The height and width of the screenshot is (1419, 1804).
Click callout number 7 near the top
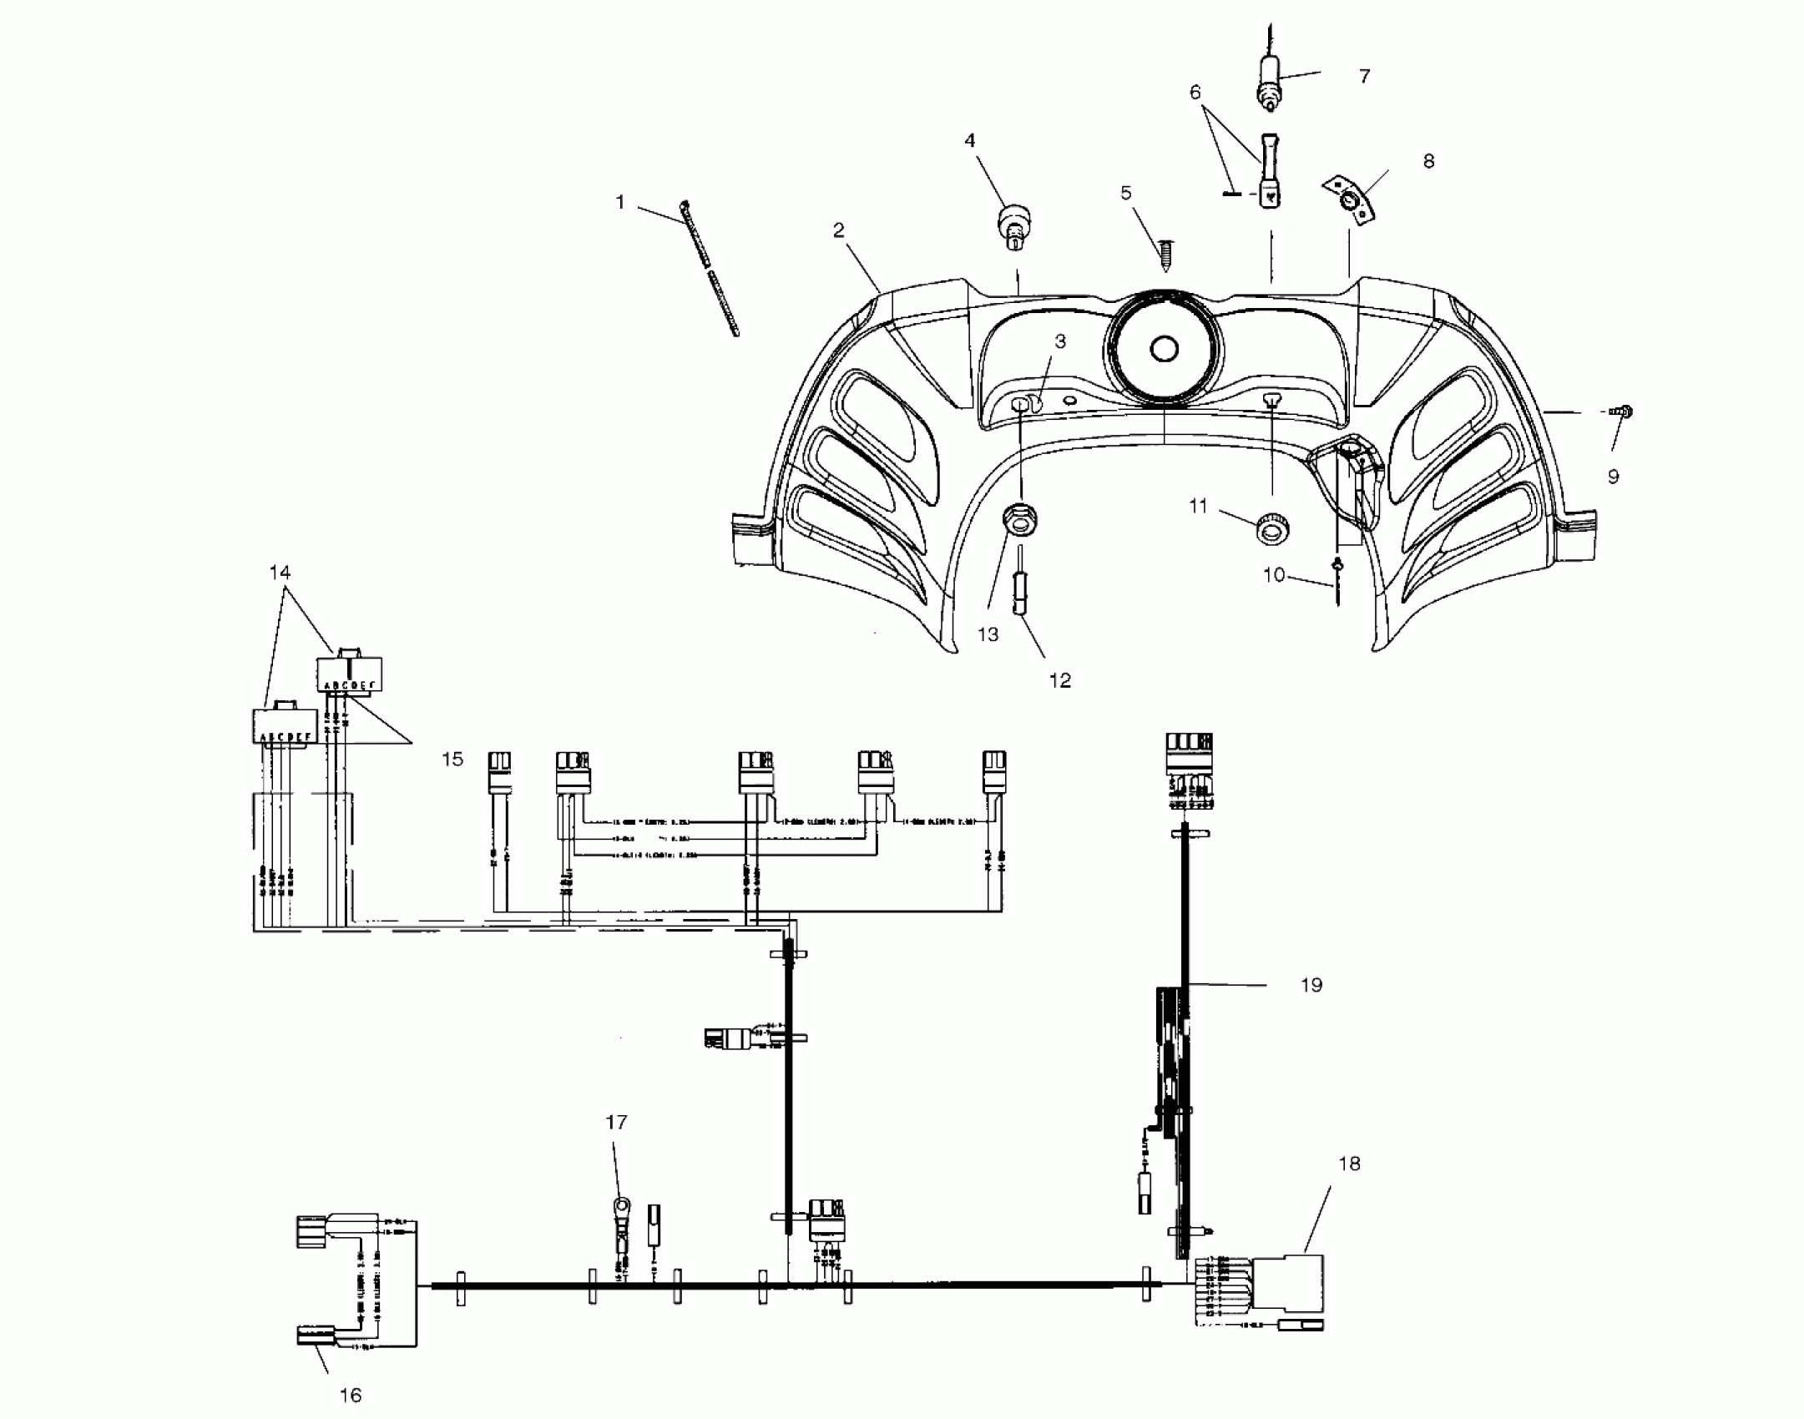(x=1364, y=77)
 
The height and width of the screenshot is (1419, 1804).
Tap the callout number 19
(x=1311, y=985)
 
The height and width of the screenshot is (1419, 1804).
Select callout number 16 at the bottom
(x=351, y=1395)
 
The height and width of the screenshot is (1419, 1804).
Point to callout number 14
(x=280, y=573)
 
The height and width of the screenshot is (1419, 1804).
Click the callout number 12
(x=1059, y=680)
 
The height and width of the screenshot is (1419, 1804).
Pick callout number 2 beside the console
(x=839, y=230)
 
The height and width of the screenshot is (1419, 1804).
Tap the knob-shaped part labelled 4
(x=1011, y=225)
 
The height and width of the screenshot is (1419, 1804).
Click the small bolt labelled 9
(x=1622, y=412)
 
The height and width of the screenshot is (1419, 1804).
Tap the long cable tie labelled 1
(x=710, y=269)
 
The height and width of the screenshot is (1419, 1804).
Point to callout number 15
(x=452, y=760)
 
